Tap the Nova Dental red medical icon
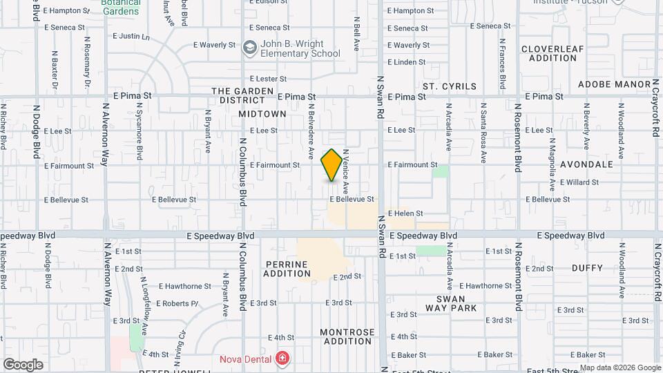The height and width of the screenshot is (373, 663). (282, 358)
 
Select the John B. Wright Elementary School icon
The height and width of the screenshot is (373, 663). (249, 48)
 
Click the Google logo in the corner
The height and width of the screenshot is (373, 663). (23, 365)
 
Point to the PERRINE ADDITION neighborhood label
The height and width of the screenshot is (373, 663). (287, 269)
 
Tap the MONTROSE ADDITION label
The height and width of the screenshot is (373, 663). (347, 336)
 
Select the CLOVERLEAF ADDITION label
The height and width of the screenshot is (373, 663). (549, 53)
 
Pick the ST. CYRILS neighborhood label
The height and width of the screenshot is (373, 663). (450, 86)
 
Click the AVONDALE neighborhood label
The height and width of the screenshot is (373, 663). (586, 164)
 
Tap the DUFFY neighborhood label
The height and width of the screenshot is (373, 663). (588, 267)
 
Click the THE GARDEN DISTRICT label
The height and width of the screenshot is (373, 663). (239, 95)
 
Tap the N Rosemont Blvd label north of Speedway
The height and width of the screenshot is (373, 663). (517, 138)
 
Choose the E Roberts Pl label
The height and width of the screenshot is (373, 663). (178, 303)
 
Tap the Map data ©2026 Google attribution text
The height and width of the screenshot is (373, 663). (619, 367)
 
